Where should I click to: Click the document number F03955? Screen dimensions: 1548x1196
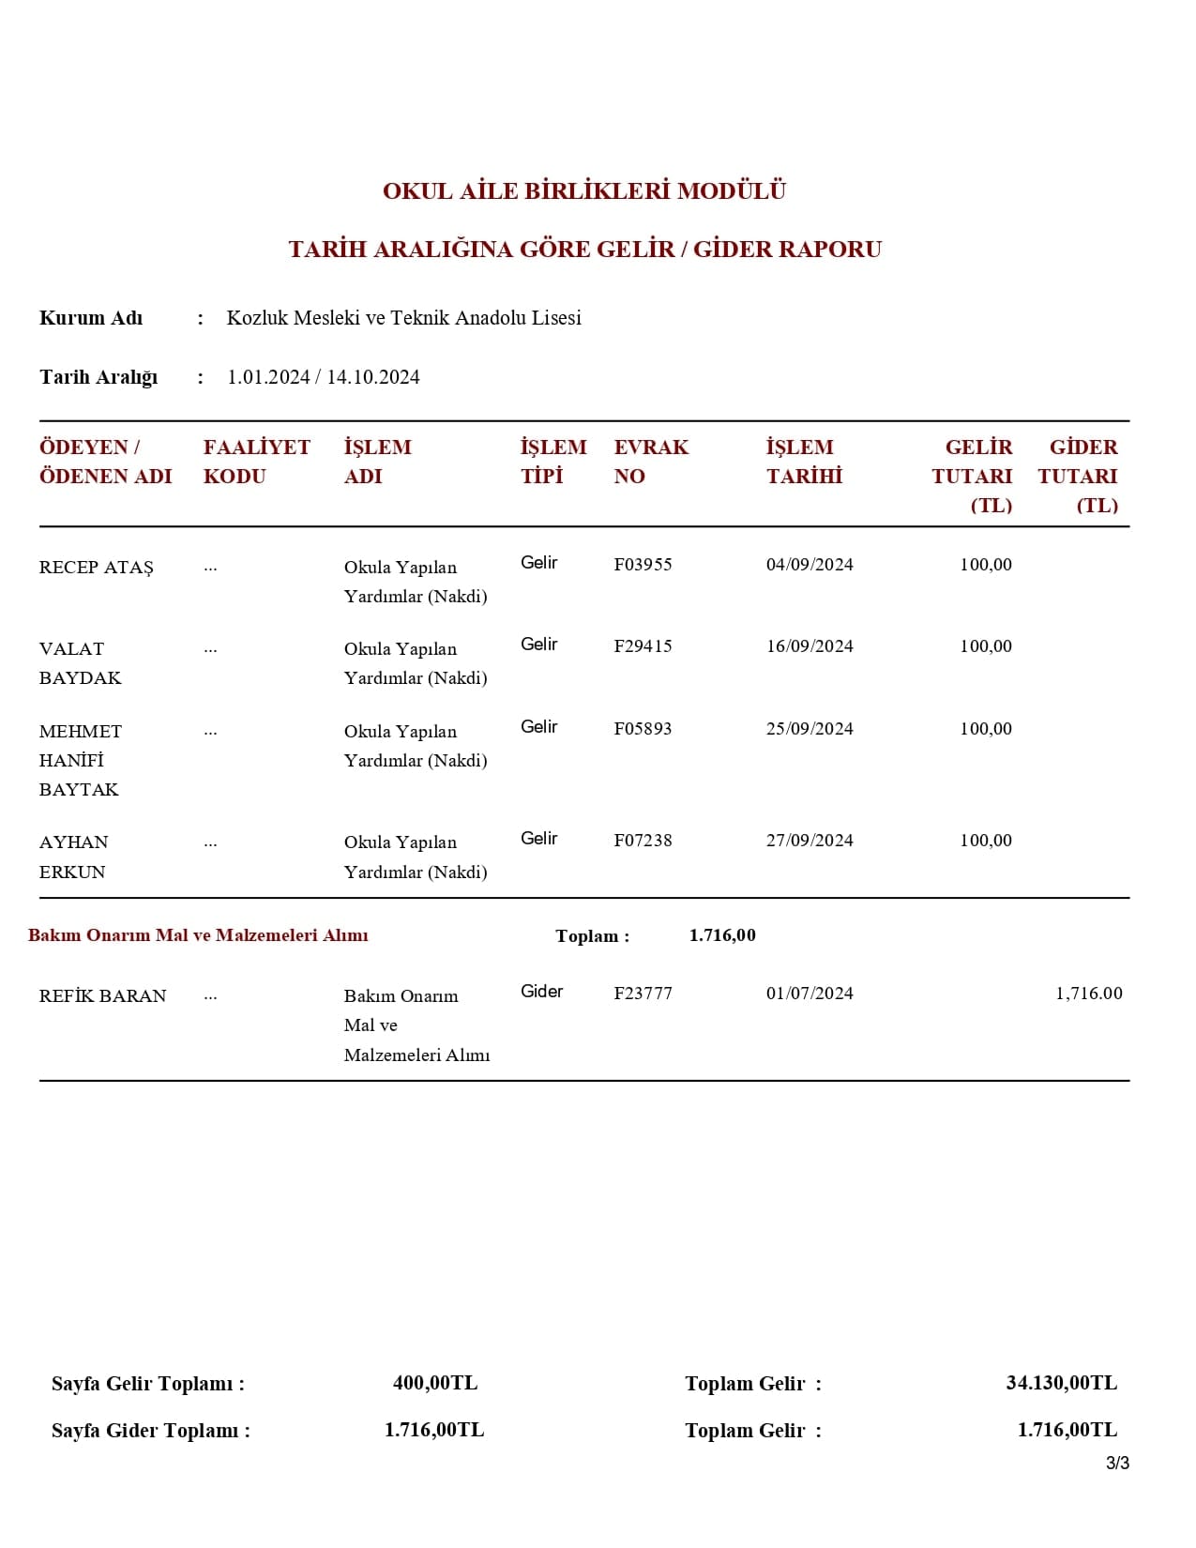(643, 565)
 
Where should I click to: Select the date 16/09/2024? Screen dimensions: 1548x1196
(810, 646)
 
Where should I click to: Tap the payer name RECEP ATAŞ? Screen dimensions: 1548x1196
(96, 568)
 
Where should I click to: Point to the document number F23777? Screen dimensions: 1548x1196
(643, 994)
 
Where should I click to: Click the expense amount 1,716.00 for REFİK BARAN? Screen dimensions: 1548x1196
(1088, 994)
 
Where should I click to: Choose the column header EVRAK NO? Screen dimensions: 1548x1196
(651, 462)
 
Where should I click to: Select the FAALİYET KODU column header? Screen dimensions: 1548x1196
(256, 462)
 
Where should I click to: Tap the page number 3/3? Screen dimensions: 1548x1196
(1117, 1464)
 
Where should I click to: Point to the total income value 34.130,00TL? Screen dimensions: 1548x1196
(1061, 1383)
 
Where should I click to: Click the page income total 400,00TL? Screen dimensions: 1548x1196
(435, 1383)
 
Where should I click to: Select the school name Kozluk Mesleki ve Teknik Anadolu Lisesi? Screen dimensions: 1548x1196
(403, 318)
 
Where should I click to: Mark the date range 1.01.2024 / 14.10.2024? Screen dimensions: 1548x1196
(323, 377)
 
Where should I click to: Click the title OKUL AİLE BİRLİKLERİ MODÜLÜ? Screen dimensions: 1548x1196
(583, 191)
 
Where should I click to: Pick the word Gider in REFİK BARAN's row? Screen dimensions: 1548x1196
(541, 992)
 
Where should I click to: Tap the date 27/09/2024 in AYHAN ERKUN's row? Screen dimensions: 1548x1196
(810, 841)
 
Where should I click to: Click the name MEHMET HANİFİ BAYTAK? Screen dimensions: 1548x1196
(80, 760)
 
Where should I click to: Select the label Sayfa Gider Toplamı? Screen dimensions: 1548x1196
(150, 1431)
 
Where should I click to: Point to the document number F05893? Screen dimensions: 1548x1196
(643, 729)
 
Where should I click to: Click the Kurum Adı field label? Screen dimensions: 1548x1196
(91, 318)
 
